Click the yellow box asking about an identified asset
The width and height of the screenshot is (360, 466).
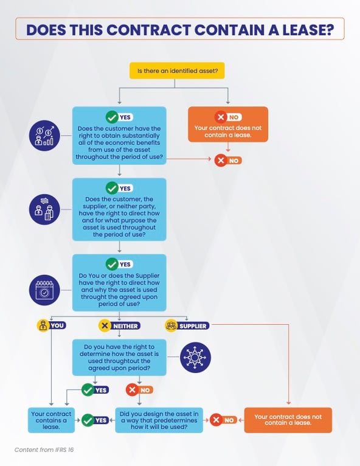tap(177, 71)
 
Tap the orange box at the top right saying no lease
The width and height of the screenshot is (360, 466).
tap(228, 124)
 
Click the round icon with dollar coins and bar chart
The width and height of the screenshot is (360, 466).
tap(44, 136)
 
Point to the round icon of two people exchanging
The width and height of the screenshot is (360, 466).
tap(44, 209)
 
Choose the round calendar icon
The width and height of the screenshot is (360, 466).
tap(44, 290)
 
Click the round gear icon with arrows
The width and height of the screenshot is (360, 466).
tap(195, 357)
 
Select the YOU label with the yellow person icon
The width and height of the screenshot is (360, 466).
tap(52, 325)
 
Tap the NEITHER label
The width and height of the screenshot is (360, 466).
tap(119, 325)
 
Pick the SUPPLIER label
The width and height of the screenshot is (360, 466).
tap(187, 325)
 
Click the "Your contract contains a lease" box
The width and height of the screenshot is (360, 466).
tap(51, 420)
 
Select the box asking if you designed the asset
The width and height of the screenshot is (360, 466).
tap(159, 420)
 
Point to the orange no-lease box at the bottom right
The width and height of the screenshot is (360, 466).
tap(288, 420)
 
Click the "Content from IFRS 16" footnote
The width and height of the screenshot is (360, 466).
tap(44, 450)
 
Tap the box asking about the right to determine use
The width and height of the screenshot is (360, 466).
tap(119, 358)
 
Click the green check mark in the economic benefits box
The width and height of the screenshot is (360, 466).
tap(112, 117)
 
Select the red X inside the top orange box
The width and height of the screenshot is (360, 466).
tap(221, 117)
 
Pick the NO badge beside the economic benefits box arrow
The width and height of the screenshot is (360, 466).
tap(228, 161)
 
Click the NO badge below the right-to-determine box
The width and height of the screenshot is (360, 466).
tap(139, 390)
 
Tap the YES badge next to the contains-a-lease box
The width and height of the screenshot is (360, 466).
tap(95, 420)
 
